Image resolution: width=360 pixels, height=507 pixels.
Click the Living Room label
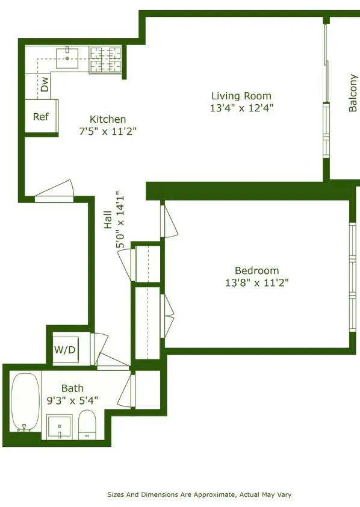[x=241, y=96]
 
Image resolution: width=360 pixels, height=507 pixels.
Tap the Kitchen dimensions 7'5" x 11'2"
[x=108, y=132]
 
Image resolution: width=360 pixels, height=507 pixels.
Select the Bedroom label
[x=257, y=271]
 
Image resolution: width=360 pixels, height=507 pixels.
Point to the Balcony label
[x=353, y=93]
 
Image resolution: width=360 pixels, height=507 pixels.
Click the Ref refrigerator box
[x=41, y=117]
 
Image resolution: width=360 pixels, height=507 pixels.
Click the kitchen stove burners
[x=106, y=60]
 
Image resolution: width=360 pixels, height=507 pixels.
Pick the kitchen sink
[x=67, y=58]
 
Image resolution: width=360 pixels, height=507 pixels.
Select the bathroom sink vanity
[x=60, y=427]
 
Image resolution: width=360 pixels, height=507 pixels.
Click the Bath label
[x=72, y=388]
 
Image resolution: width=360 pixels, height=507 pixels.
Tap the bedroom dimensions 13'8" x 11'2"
[x=256, y=283]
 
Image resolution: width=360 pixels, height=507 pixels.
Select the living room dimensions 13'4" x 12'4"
[x=241, y=108]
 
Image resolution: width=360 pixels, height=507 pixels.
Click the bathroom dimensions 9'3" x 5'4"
[x=72, y=400]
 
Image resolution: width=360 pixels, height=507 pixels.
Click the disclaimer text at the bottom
[x=199, y=494]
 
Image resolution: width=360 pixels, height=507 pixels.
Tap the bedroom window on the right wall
[x=353, y=276]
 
